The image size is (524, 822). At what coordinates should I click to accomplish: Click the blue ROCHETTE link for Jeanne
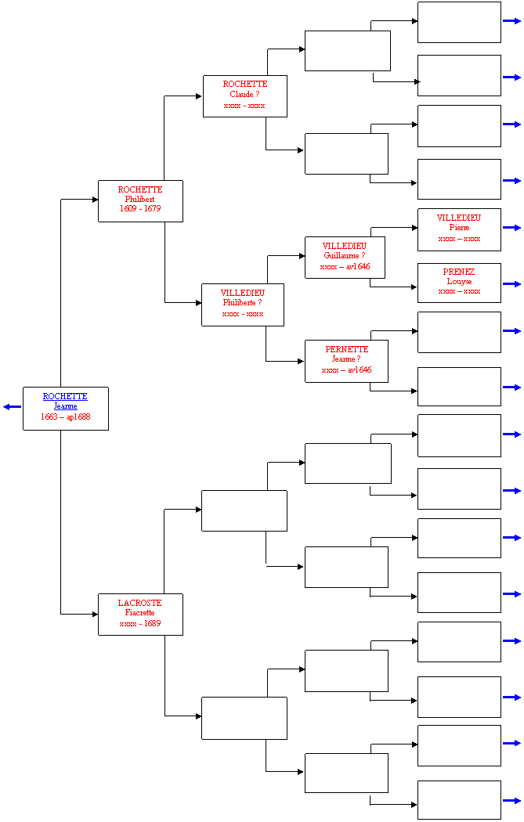tap(65, 396)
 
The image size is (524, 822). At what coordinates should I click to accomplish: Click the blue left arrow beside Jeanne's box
tap(12, 407)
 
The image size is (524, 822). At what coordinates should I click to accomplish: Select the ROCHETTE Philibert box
tap(140, 201)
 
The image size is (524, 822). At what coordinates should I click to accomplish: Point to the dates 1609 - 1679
tap(140, 209)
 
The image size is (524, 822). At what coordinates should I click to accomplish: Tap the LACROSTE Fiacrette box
tap(140, 615)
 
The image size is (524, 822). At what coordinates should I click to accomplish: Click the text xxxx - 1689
tap(140, 623)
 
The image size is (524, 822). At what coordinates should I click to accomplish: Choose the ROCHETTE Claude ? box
tap(245, 96)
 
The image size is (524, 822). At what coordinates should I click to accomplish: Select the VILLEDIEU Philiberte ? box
tap(243, 305)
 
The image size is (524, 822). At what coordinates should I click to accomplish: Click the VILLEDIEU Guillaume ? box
tap(345, 258)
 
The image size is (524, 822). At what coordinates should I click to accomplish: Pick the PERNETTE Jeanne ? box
tap(347, 361)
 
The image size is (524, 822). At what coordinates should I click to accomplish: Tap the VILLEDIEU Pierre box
tap(460, 229)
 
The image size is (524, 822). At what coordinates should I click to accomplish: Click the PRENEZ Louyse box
tap(460, 283)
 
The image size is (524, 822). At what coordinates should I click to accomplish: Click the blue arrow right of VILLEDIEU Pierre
tap(512, 228)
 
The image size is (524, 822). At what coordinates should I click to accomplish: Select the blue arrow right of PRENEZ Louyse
tap(512, 284)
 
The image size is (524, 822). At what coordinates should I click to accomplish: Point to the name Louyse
tap(460, 282)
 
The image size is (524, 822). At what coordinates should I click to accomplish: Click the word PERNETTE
tap(347, 349)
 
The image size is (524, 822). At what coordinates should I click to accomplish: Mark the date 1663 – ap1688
tap(66, 416)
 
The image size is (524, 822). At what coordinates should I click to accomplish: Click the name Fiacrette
tap(140, 613)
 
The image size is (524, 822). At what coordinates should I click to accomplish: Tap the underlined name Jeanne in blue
tap(66, 406)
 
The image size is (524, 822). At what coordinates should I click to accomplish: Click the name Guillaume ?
tap(345, 256)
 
